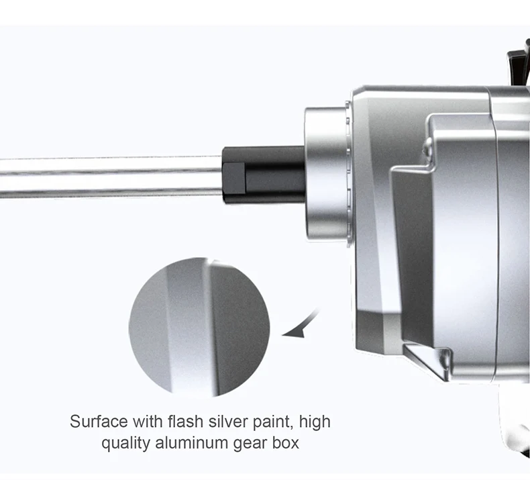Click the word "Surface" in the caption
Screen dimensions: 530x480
pyautogui.click(x=99, y=422)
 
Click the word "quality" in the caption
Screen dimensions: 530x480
pyautogui.click(x=125, y=444)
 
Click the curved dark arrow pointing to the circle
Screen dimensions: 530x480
pyautogui.click(x=305, y=325)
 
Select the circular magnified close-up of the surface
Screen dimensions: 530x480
pyautogui.click(x=199, y=327)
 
